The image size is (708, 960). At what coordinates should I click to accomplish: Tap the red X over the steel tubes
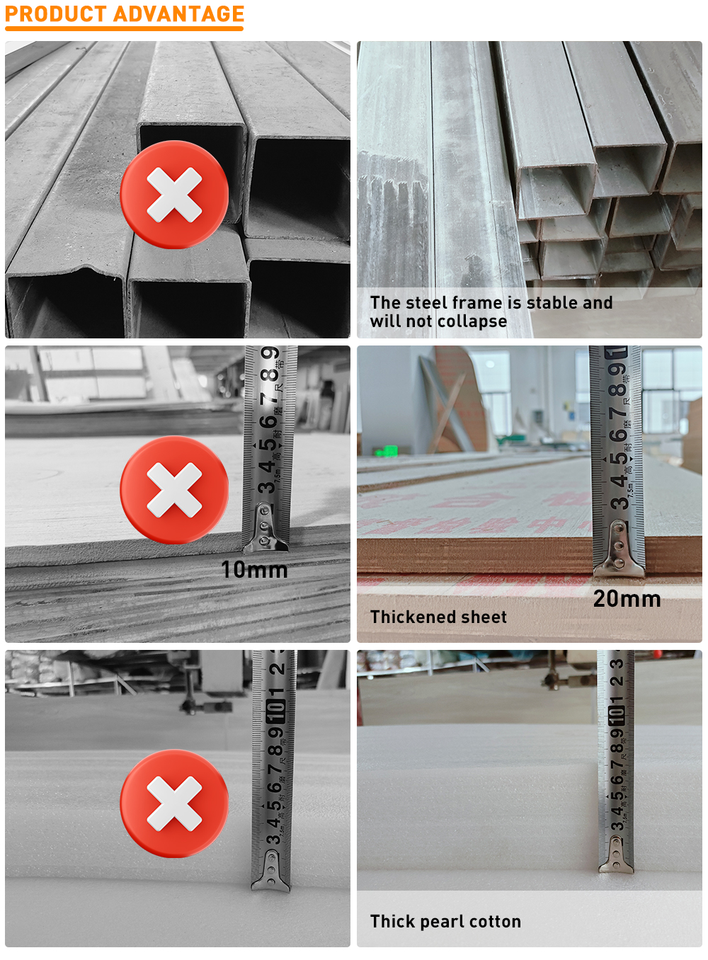(x=174, y=195)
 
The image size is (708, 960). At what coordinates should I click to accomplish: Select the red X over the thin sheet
(x=174, y=490)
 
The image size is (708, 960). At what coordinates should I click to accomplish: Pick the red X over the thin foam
(x=174, y=804)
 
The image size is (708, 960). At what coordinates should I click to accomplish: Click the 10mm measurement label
(x=254, y=570)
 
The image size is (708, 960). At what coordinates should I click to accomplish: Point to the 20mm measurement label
(x=627, y=599)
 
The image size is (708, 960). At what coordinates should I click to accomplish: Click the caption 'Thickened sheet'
(x=438, y=617)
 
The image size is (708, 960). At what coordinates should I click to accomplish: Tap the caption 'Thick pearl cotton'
(x=445, y=922)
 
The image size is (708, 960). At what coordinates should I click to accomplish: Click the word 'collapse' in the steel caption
(x=472, y=321)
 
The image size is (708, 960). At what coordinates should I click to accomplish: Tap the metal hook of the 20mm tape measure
(x=618, y=549)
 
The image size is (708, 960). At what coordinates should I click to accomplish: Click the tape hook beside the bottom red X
(x=271, y=869)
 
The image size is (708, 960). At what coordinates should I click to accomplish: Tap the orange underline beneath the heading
(x=124, y=29)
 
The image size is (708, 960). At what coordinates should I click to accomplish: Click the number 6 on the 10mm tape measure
(x=268, y=423)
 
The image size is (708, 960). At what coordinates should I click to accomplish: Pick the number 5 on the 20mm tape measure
(x=618, y=459)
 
